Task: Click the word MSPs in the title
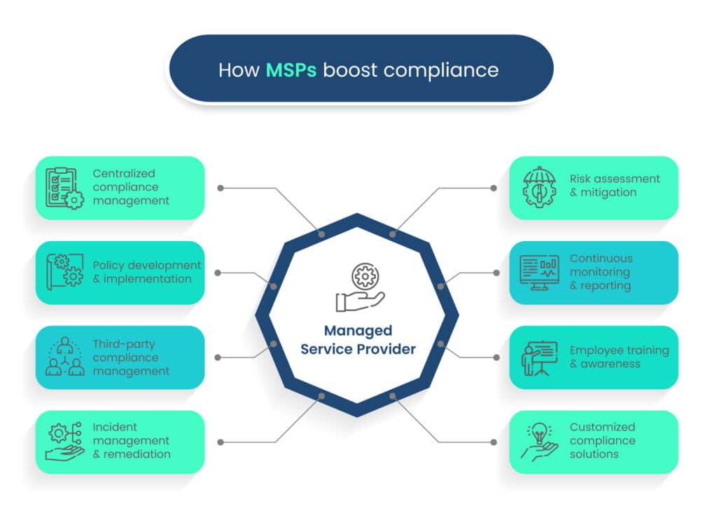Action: (x=291, y=70)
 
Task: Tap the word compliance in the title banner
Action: (x=441, y=71)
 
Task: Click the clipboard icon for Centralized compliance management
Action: (x=64, y=188)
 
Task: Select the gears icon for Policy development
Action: (x=64, y=272)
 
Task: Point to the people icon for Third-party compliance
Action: (x=65, y=357)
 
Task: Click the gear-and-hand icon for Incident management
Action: (x=64, y=441)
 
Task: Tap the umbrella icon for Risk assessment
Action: (x=540, y=187)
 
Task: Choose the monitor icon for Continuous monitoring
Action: (x=539, y=273)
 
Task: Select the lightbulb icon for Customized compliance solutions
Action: (x=539, y=442)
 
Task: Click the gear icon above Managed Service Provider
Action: (x=365, y=276)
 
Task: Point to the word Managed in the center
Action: (x=358, y=331)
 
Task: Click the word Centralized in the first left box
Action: (x=124, y=174)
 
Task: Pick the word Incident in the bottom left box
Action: (x=115, y=427)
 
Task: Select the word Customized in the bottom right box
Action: (x=602, y=427)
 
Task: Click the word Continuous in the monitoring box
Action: (x=601, y=258)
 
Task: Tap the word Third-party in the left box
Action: (x=124, y=344)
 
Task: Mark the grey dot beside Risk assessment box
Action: (x=494, y=188)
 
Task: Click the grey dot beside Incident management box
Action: (x=221, y=442)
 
